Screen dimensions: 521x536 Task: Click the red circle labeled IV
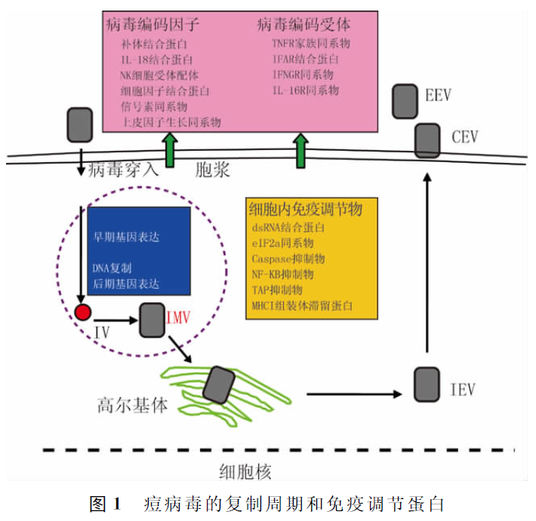pos(83,312)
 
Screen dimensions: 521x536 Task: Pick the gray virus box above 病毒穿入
pos(80,124)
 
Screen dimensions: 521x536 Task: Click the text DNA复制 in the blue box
pos(112,268)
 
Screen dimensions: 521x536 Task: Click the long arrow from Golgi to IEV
pos(353,393)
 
